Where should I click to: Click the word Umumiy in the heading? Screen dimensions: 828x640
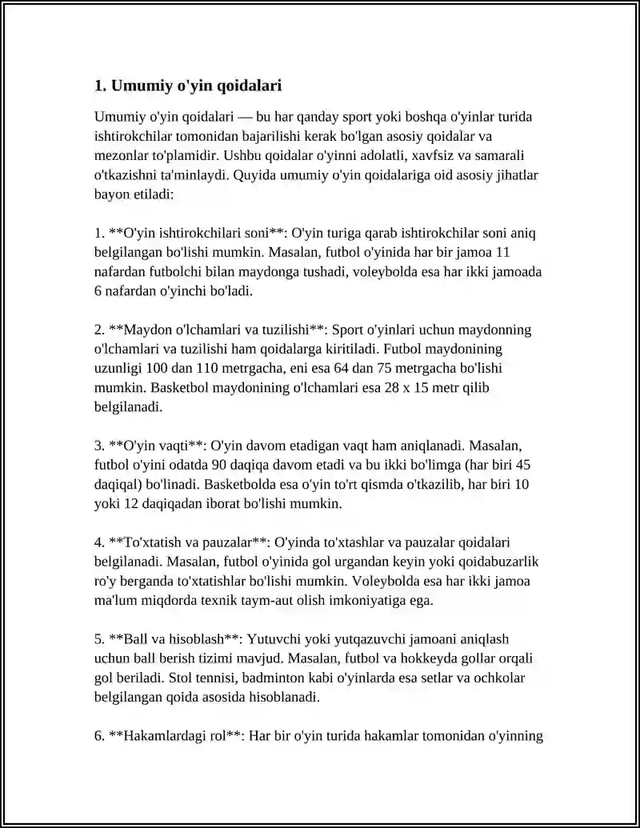pyautogui.click(x=136, y=86)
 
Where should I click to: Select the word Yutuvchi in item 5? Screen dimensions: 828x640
pyautogui.click(x=273, y=638)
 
